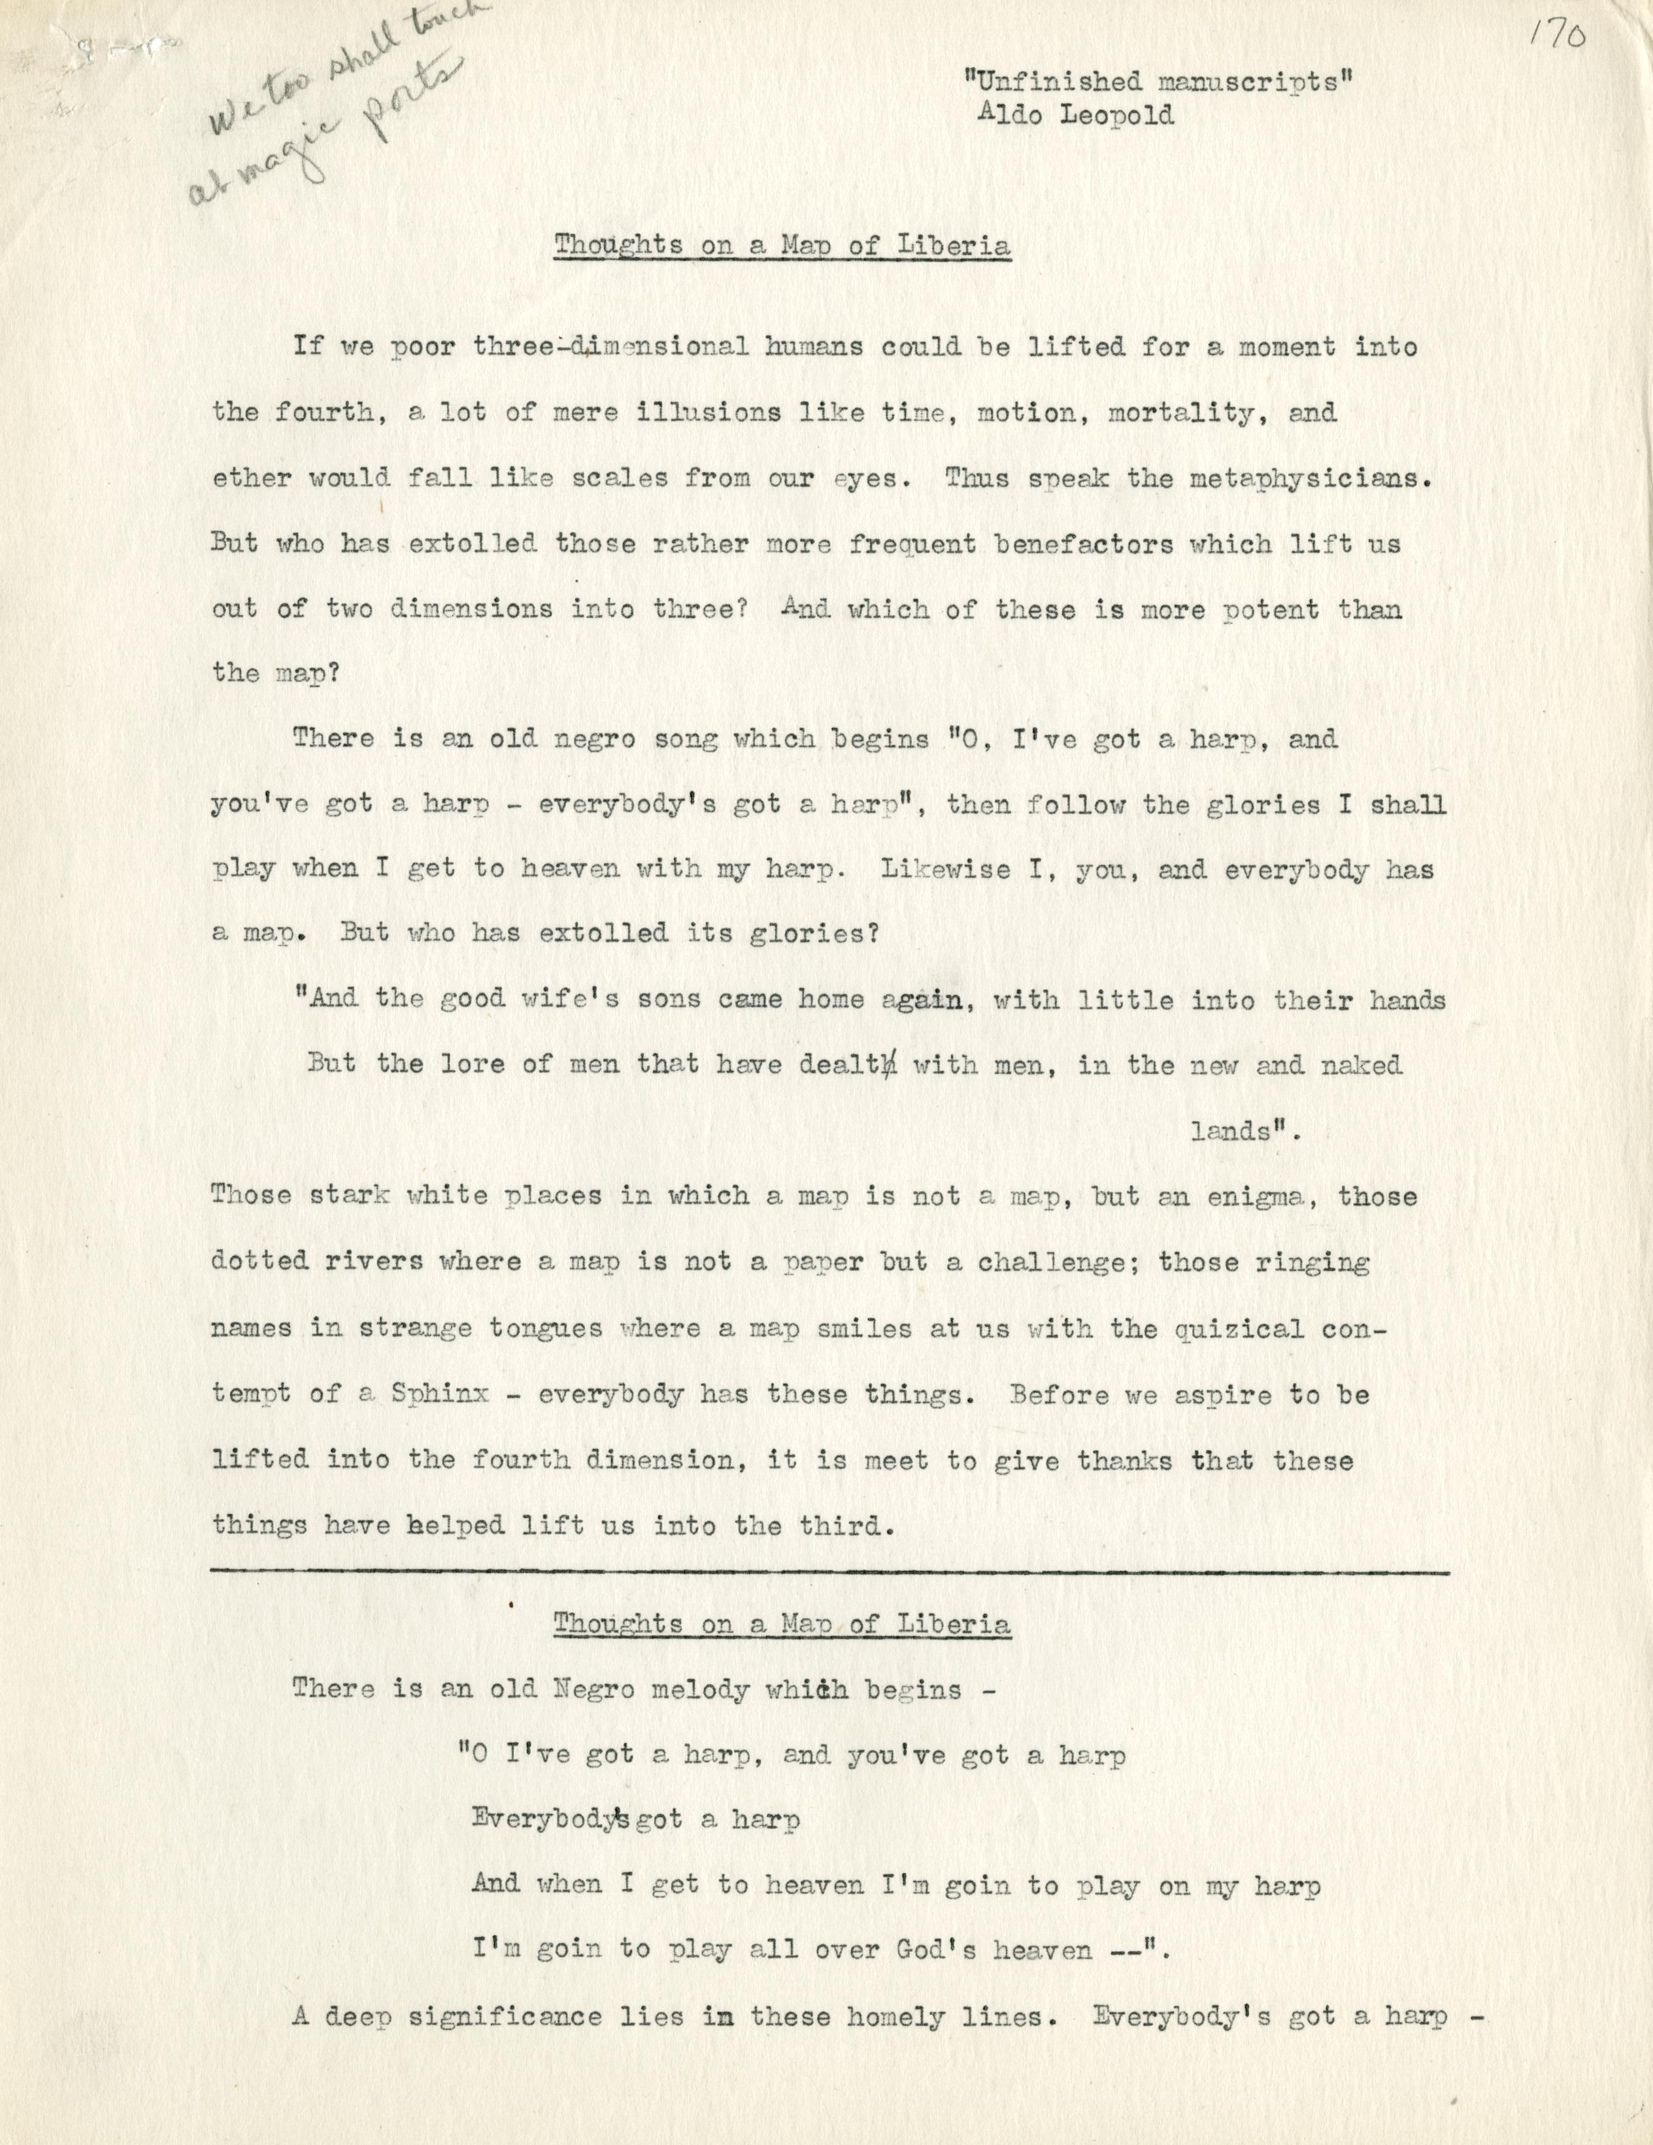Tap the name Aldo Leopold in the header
[x=1075, y=115]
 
